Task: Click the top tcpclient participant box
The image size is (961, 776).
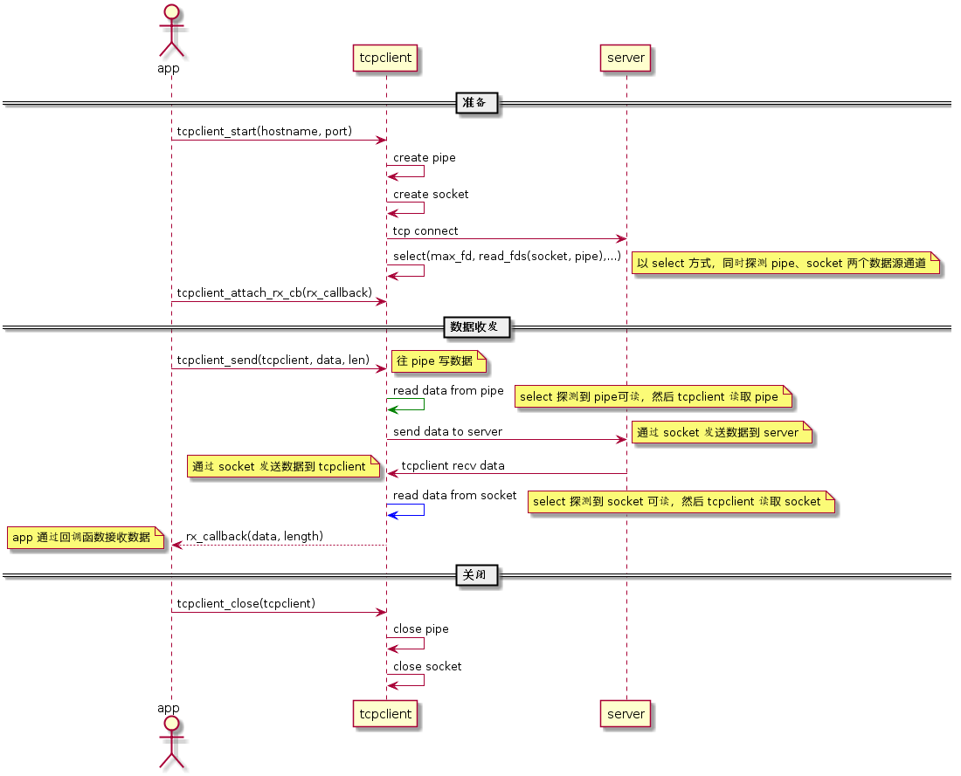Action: point(386,58)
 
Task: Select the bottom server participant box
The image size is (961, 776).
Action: point(626,713)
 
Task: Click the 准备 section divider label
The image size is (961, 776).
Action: point(477,103)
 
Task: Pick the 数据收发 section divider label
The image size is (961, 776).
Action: point(476,327)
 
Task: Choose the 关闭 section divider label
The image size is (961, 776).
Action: point(477,575)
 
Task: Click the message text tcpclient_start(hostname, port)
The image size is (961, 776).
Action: point(264,132)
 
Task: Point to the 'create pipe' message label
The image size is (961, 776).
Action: point(424,158)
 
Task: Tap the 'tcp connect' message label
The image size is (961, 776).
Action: point(425,230)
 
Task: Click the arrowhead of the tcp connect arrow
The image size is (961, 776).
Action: point(621,238)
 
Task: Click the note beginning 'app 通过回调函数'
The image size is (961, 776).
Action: point(85,538)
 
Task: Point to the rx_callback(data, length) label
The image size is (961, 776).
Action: point(254,536)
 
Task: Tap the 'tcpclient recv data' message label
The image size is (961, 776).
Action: point(453,465)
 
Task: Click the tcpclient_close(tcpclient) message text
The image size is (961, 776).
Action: point(245,604)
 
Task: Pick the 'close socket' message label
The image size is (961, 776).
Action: point(427,666)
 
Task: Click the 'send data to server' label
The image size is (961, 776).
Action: point(447,432)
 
